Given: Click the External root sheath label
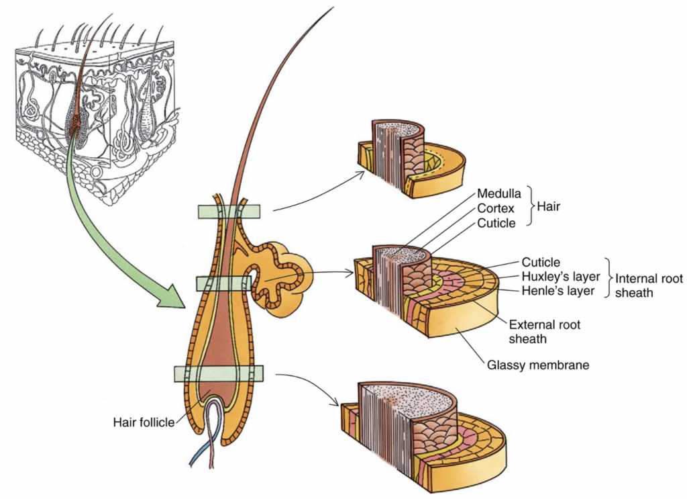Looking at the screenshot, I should point(545,332).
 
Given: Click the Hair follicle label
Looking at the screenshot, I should point(143,422).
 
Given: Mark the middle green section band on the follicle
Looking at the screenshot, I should point(223,283).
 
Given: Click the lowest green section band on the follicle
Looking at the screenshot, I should point(219,373).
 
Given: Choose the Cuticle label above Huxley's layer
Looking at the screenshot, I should point(540,262).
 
